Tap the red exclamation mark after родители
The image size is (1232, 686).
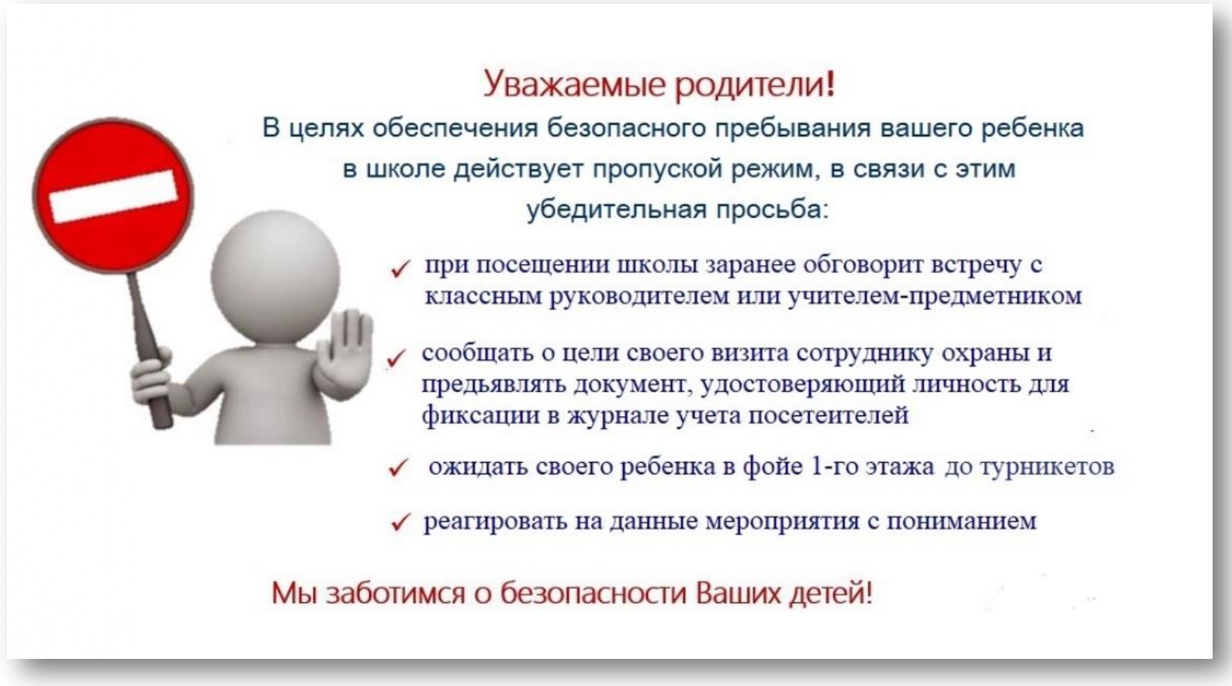pos(830,84)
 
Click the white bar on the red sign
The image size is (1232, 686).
pos(113,196)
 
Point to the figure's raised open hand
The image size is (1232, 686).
pos(344,353)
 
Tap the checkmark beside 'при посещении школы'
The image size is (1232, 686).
pos(400,269)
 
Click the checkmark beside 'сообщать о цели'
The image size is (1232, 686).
pos(396,358)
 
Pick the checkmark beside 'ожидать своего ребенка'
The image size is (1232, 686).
pos(398,467)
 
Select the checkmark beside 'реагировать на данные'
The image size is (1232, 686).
pos(400,522)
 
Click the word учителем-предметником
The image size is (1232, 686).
pos(935,296)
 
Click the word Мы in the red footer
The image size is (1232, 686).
pos(294,594)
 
